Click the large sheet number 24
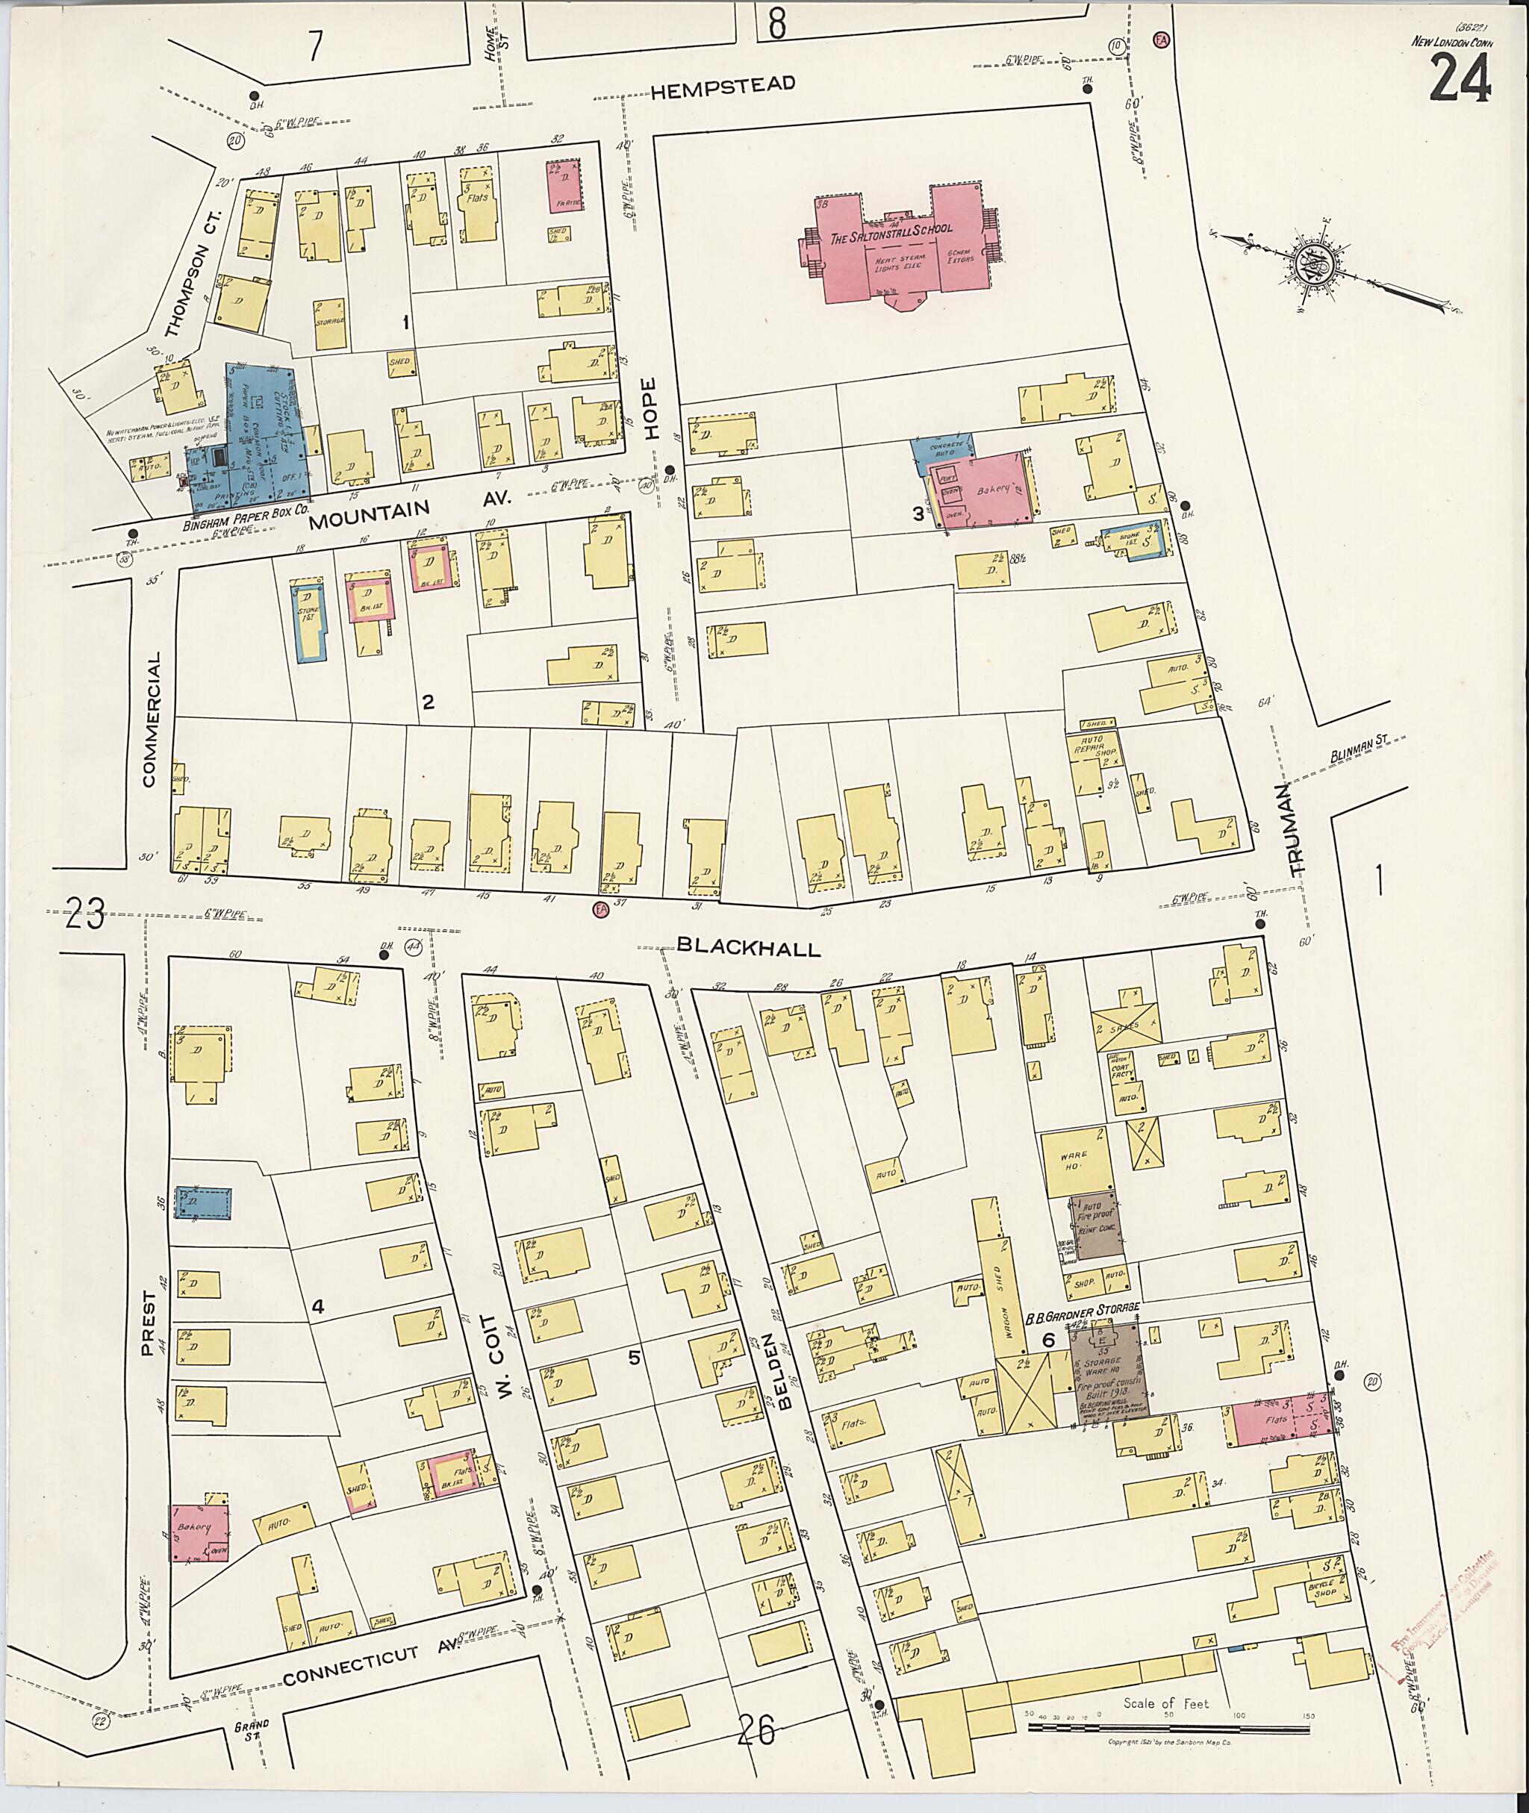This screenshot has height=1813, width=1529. [x=1460, y=78]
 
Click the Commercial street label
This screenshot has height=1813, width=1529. [x=151, y=720]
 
